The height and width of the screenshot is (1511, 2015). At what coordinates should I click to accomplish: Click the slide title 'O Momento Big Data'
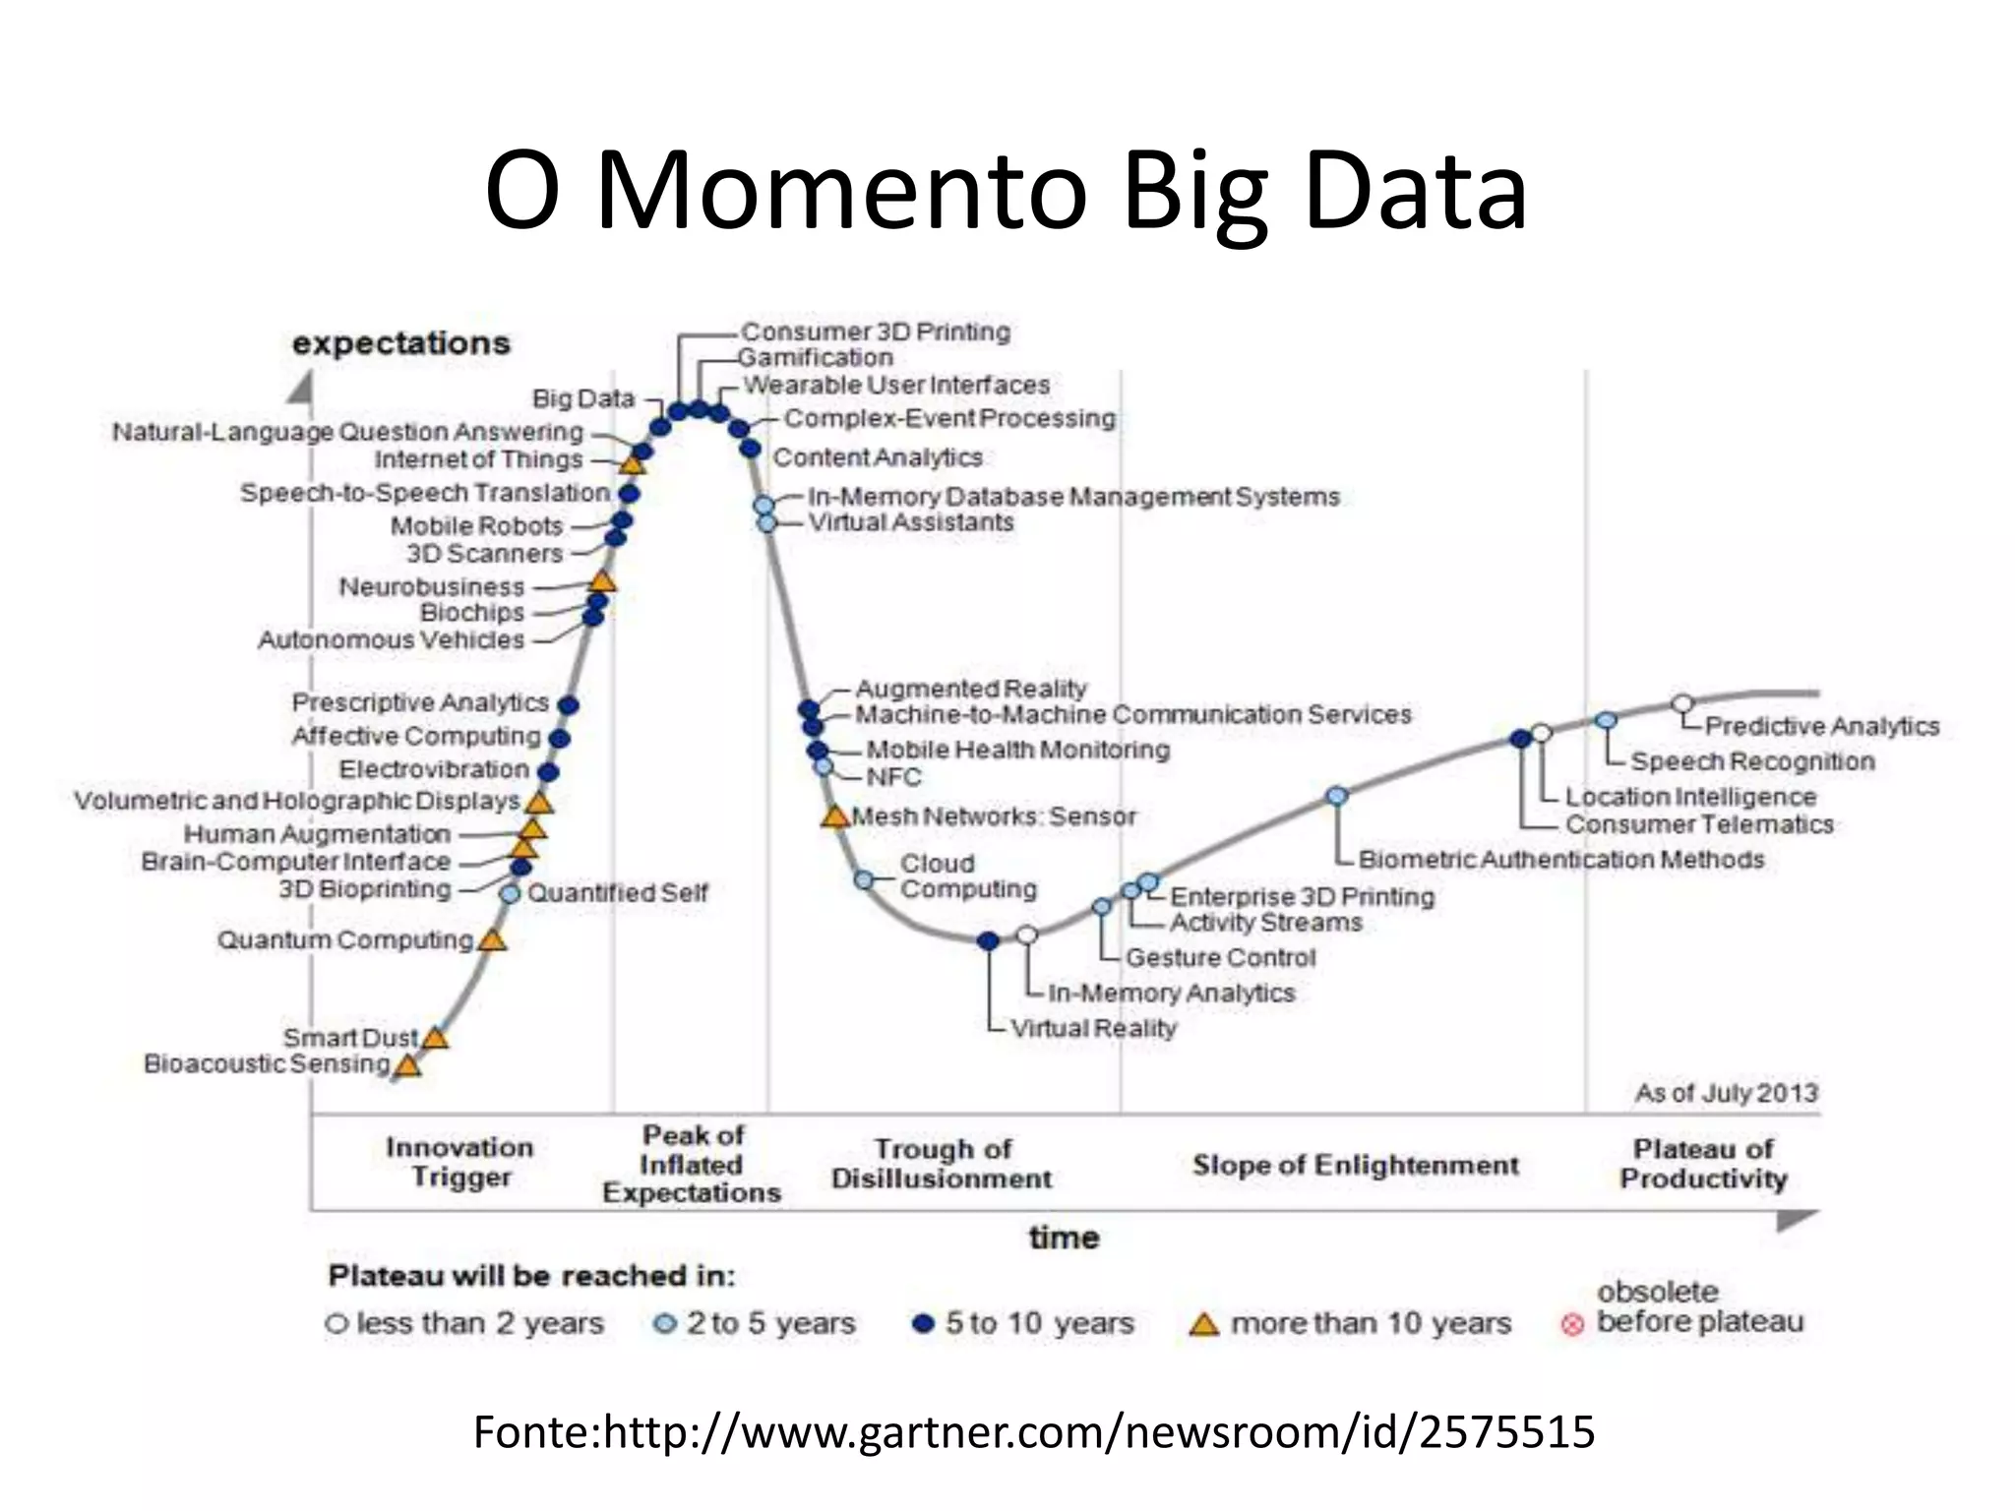pyautogui.click(x=1006, y=191)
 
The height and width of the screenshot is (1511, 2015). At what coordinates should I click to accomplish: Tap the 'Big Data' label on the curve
pyautogui.click(x=583, y=398)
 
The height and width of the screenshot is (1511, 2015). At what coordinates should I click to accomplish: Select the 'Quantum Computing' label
pyautogui.click(x=345, y=940)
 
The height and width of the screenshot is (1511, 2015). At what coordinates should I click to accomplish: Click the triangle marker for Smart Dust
pyautogui.click(x=435, y=1037)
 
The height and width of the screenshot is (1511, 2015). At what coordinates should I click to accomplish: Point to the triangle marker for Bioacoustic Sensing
pyautogui.click(x=407, y=1065)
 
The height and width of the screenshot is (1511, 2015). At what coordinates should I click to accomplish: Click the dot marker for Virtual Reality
pyautogui.click(x=989, y=941)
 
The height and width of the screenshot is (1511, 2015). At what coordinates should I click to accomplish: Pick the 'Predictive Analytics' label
pyautogui.click(x=1821, y=726)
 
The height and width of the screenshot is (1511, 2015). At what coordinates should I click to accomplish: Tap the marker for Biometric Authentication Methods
pyautogui.click(x=1336, y=796)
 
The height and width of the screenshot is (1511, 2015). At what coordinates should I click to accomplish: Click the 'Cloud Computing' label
pyautogui.click(x=968, y=876)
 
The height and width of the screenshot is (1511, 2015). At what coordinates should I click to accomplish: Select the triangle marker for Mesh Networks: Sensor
pyautogui.click(x=834, y=816)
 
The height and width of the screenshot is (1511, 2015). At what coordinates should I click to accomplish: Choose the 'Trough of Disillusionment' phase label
pyautogui.click(x=942, y=1164)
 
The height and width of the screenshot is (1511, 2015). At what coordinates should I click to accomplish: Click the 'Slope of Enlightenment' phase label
pyautogui.click(x=1355, y=1166)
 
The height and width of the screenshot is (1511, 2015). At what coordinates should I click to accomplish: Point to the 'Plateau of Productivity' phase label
pyautogui.click(x=1703, y=1164)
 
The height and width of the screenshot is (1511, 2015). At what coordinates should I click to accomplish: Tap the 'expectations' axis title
pyautogui.click(x=401, y=343)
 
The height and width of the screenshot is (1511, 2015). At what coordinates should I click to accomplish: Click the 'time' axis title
pyautogui.click(x=1064, y=1238)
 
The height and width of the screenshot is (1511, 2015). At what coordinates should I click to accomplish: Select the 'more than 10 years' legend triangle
pyautogui.click(x=1202, y=1324)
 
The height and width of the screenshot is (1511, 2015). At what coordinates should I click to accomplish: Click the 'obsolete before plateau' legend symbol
pyautogui.click(x=1572, y=1324)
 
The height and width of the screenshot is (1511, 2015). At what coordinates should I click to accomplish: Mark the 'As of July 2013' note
pyautogui.click(x=1726, y=1093)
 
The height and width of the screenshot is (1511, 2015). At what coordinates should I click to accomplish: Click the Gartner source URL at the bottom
pyautogui.click(x=1034, y=1432)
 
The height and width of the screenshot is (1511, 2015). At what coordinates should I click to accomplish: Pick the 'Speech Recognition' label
pyautogui.click(x=1752, y=761)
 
